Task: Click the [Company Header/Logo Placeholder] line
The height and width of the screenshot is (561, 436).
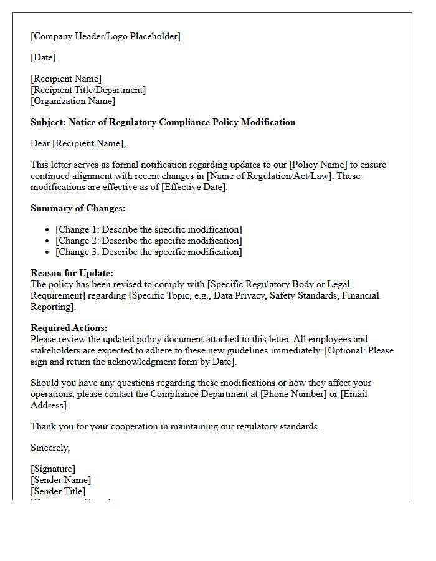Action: pyautogui.click(x=105, y=36)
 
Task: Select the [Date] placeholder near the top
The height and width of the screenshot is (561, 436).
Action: pyautogui.click(x=43, y=57)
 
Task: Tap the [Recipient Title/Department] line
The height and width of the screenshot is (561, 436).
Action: pyautogui.click(x=88, y=90)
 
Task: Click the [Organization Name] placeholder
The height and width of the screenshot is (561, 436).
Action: pyautogui.click(x=73, y=101)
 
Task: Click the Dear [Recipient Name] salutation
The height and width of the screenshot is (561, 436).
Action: pyautogui.click(x=78, y=143)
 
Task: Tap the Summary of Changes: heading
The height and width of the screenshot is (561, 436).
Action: pyautogui.click(x=78, y=208)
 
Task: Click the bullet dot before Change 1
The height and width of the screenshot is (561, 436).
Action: pyautogui.click(x=47, y=230)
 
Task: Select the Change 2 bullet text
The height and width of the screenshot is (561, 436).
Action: pyautogui.click(x=149, y=241)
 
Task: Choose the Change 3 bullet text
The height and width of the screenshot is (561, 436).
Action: pyautogui.click(x=149, y=252)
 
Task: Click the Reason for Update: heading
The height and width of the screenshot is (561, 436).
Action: pyautogui.click(x=72, y=273)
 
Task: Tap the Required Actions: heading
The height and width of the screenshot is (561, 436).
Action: pyautogui.click(x=69, y=328)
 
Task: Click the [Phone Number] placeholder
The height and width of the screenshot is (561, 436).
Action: pyautogui.click(x=291, y=394)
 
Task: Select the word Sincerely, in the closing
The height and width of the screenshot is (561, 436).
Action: pyautogui.click(x=50, y=448)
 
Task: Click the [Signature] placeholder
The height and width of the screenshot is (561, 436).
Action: pyautogui.click(x=53, y=469)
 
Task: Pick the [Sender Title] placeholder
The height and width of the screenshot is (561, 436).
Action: pyautogui.click(x=58, y=491)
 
